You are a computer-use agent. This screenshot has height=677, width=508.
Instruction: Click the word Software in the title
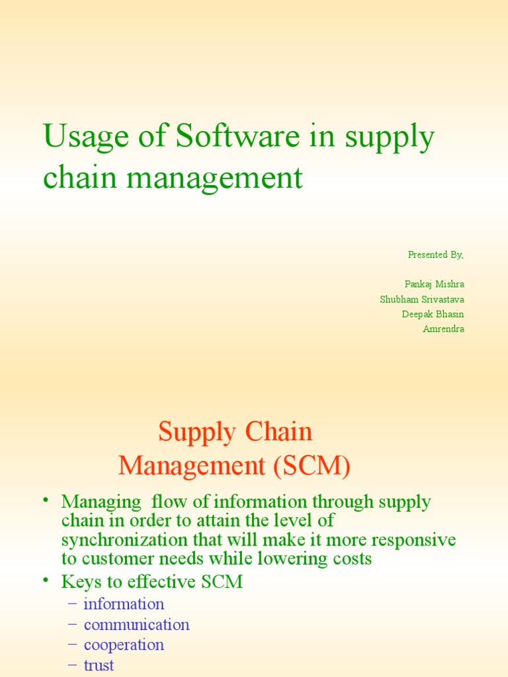[237, 136]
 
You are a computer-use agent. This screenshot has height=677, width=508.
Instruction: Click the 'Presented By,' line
[435, 255]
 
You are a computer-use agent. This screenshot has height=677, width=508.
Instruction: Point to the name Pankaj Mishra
[434, 284]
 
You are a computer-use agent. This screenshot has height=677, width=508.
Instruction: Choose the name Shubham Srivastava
[422, 299]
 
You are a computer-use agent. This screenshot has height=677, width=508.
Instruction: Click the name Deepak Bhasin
[433, 314]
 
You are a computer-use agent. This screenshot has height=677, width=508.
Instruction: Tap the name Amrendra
[444, 329]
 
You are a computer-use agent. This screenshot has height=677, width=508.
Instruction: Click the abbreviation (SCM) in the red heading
[312, 466]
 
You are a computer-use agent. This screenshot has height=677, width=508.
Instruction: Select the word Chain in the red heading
[278, 431]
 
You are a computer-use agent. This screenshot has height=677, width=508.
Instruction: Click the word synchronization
[124, 541]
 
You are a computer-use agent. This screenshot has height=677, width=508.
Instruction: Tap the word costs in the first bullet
[352, 559]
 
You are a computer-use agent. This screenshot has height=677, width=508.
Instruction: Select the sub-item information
[124, 604]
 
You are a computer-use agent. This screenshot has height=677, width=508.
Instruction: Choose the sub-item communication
[136, 624]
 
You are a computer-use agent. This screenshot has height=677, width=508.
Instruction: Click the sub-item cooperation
[124, 645]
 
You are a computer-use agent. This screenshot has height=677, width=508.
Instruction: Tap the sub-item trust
[99, 665]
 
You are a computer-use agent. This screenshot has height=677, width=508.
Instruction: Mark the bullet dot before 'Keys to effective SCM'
[46, 580]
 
